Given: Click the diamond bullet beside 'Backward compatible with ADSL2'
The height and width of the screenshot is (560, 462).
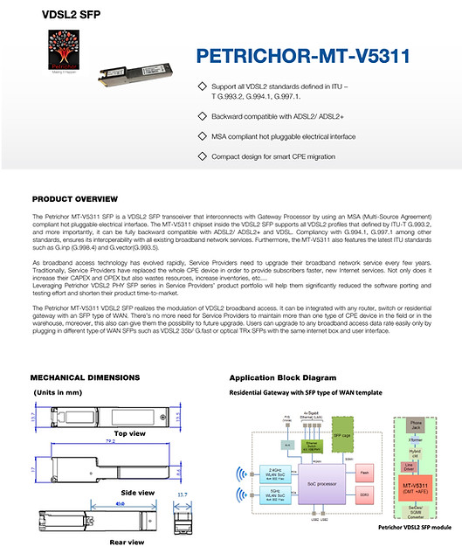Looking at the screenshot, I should tap(203, 115).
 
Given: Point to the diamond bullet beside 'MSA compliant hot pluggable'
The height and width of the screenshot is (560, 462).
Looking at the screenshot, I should tap(203, 135).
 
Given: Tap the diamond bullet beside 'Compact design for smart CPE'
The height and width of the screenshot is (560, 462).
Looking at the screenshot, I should tap(203, 156).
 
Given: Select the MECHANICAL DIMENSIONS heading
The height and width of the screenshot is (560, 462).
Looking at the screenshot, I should tap(85, 377).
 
